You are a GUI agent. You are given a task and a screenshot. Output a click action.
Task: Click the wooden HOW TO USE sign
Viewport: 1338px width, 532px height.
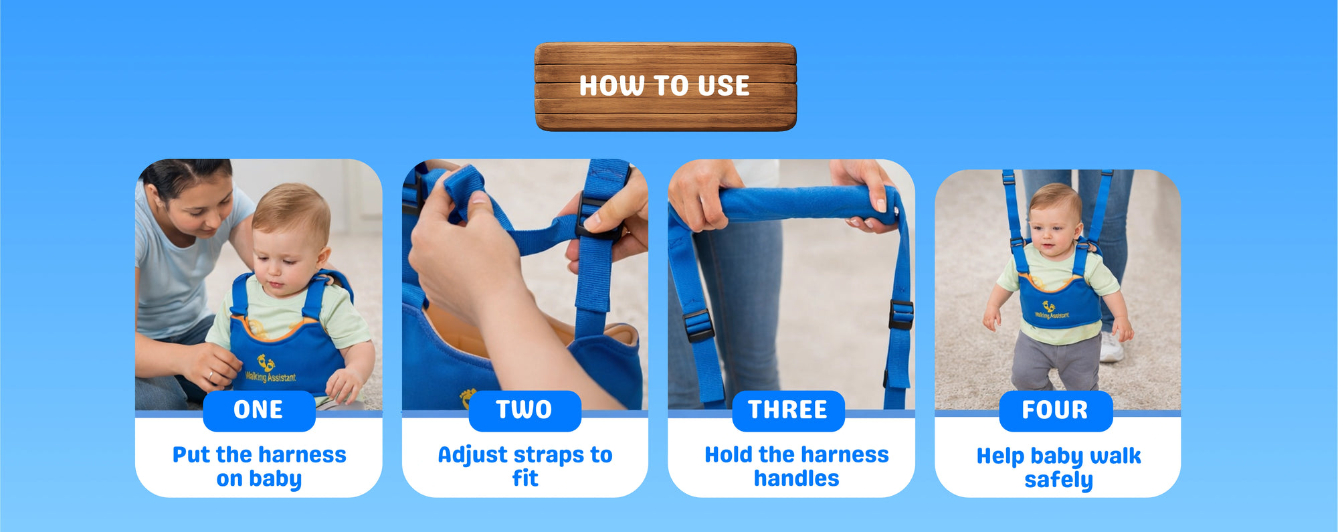click(666, 87)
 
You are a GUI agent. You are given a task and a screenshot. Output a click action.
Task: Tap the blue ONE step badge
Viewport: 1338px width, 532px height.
click(259, 410)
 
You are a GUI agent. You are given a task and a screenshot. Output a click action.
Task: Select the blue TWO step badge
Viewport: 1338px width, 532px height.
click(524, 410)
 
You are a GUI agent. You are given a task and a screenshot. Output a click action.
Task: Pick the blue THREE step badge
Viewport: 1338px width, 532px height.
click(788, 410)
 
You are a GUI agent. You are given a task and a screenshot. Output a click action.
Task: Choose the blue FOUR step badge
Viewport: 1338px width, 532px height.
click(1056, 410)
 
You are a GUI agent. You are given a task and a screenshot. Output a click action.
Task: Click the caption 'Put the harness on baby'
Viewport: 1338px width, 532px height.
click(259, 466)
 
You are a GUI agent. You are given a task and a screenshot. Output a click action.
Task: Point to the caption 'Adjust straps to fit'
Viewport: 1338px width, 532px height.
click(525, 466)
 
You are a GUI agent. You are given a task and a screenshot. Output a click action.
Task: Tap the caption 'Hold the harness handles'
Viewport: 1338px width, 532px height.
click(797, 466)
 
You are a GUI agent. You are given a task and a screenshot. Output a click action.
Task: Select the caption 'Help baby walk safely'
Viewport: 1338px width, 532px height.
click(1058, 468)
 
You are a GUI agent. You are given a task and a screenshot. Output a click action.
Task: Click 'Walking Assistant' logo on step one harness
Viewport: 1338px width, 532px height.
click(270, 369)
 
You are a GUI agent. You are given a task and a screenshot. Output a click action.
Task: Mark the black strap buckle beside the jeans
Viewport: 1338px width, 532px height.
click(698, 325)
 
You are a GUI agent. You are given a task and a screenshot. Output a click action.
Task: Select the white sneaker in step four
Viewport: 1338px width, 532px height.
click(1111, 347)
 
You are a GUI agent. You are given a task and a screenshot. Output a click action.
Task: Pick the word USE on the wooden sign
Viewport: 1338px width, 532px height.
click(723, 86)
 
